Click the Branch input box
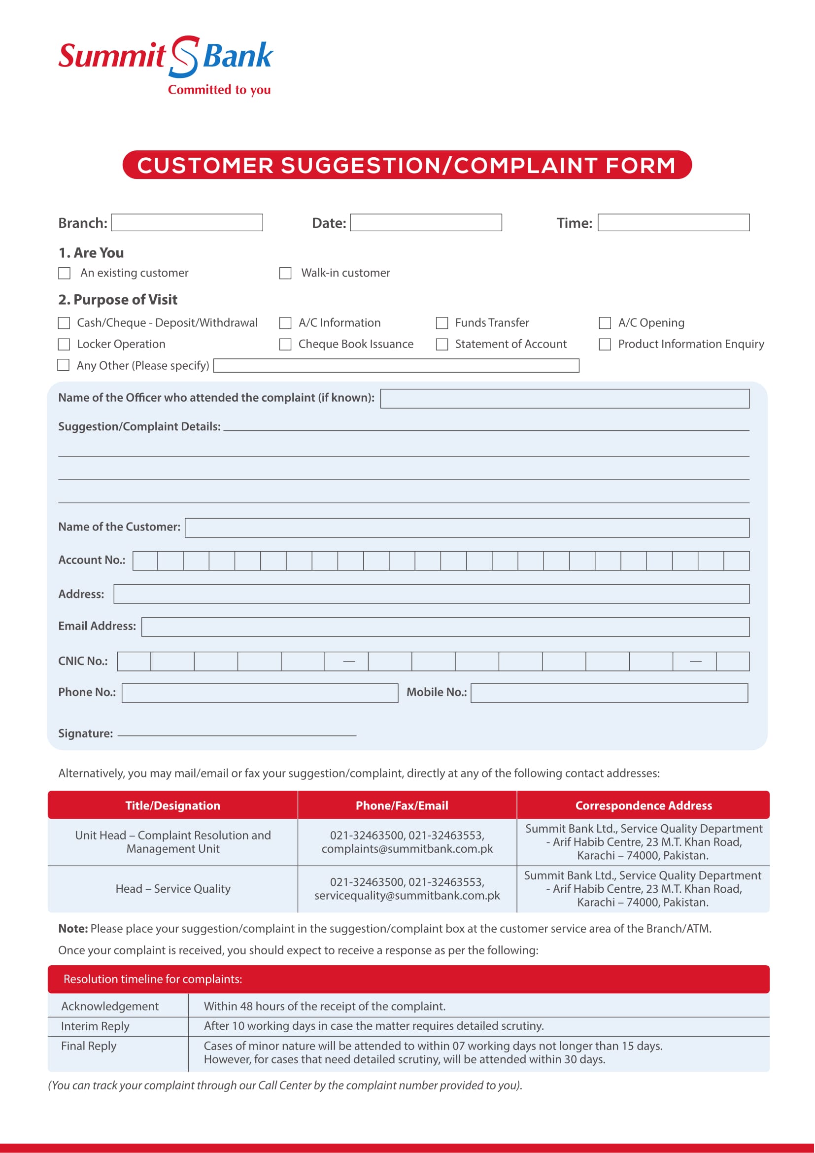point(187,222)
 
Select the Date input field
point(426,222)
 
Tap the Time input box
point(674,222)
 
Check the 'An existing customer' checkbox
point(64,273)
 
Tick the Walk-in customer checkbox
point(285,273)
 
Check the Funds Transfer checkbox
point(441,322)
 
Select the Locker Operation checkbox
point(64,344)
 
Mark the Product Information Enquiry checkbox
point(605,344)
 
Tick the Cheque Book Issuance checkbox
point(285,344)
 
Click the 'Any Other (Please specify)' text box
point(397,365)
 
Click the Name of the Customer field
point(467,527)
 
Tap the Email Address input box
point(445,627)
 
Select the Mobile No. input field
point(609,693)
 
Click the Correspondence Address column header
point(644,805)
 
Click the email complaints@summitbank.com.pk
point(407,848)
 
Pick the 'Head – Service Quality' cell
point(173,888)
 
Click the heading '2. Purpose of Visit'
point(118,299)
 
